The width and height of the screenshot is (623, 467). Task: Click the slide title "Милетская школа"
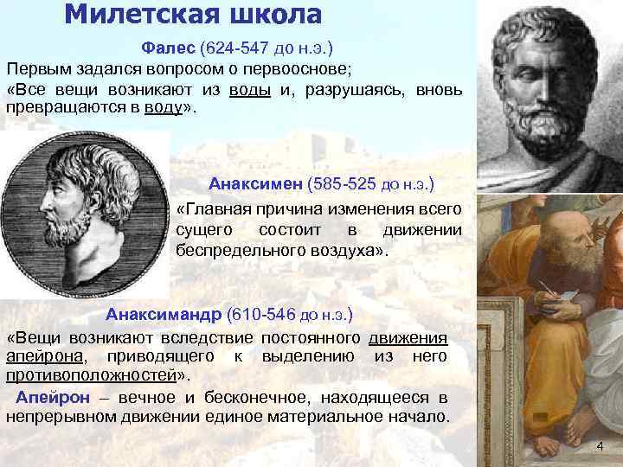tap(193, 15)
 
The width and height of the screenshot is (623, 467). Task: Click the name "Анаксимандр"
tap(164, 312)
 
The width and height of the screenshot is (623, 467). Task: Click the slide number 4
tap(600, 445)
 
